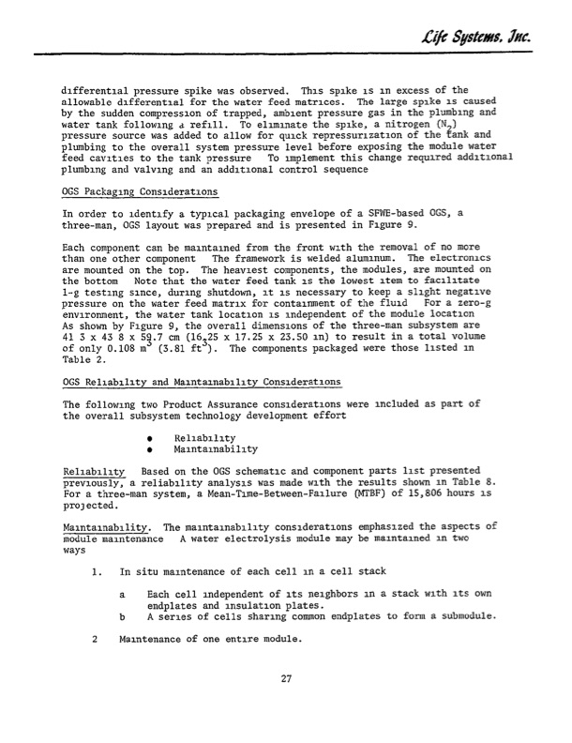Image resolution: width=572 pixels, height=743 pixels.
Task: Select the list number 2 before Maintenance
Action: tap(97, 640)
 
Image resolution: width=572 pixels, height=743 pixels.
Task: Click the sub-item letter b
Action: tap(124, 617)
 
